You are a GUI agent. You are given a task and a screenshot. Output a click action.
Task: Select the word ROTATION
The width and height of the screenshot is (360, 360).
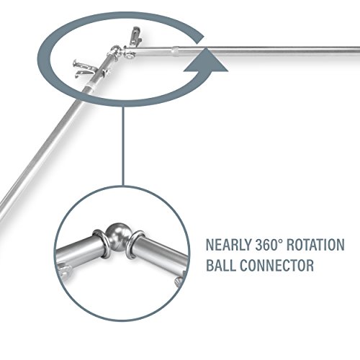(x=315, y=245)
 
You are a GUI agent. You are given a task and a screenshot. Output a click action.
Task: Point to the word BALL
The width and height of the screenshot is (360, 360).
(x=221, y=265)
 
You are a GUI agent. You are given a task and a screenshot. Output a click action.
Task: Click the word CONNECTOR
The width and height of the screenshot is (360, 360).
(x=276, y=265)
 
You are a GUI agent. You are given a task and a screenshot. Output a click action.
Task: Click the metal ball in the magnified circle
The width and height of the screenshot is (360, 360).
(x=117, y=235)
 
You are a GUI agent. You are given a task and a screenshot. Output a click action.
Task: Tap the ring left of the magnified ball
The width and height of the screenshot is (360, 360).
(x=100, y=243)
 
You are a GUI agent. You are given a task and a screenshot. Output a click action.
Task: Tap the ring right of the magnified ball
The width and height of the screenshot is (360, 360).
(x=135, y=244)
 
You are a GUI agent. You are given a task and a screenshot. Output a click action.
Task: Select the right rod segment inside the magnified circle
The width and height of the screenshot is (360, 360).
(x=161, y=253)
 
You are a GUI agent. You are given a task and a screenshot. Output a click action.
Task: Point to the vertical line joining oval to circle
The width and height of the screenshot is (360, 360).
(x=123, y=146)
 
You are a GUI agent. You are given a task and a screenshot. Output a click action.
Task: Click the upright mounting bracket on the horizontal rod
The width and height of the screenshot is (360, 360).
(x=135, y=36)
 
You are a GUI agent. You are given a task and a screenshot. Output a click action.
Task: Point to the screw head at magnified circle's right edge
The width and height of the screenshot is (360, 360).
(x=178, y=280)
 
